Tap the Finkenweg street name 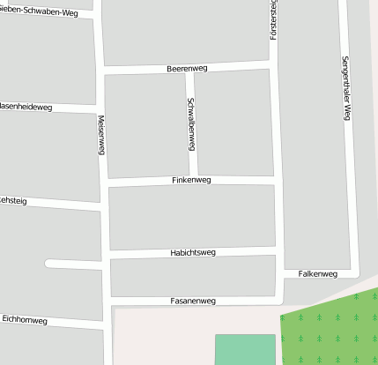pos(191,180)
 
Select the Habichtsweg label pos(192,253)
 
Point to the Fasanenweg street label pos(192,301)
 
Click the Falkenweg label pos(318,274)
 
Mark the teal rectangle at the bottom pos(245,349)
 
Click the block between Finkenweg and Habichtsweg pos(191,217)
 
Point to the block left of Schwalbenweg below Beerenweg pos(145,125)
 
